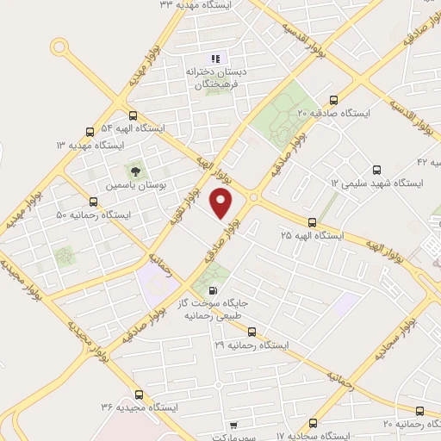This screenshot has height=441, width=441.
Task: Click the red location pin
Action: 221,204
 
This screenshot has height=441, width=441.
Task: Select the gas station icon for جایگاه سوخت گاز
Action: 213,291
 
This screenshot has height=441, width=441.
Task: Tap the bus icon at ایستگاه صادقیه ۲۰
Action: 333,99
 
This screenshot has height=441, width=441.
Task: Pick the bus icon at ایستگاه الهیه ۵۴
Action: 132,115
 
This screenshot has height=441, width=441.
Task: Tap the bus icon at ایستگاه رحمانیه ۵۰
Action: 93,202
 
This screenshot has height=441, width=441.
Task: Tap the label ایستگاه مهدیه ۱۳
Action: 89,145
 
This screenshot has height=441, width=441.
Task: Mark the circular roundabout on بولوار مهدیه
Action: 59,47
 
